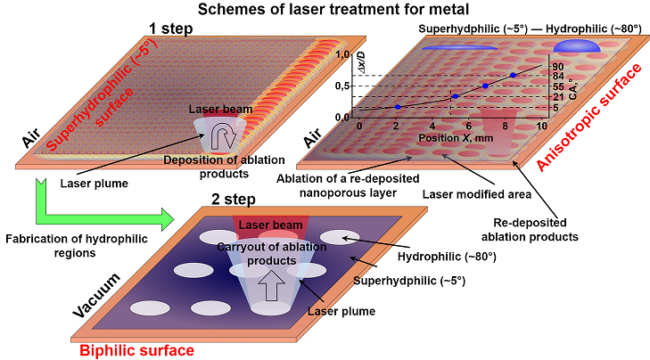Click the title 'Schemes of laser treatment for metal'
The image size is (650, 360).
click(325, 10)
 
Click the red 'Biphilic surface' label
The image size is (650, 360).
click(136, 350)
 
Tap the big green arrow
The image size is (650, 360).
click(98, 209)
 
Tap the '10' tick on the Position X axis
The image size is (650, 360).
click(542, 127)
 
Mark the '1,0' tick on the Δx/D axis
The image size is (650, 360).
click(343, 55)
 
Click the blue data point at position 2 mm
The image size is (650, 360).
click(398, 107)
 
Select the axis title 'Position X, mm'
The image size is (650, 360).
click(452, 138)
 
